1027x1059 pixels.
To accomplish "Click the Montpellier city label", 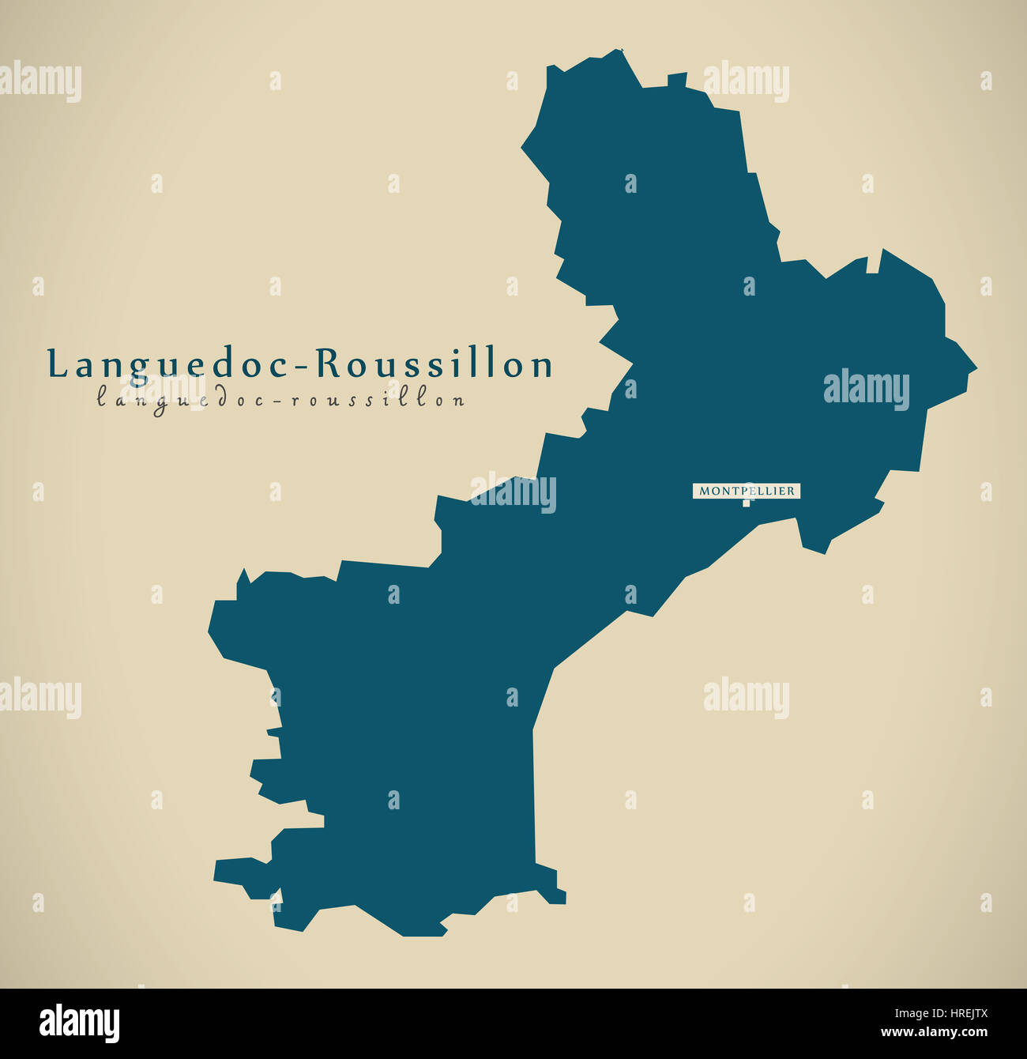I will [747, 491].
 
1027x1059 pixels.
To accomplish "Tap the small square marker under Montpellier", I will [746, 503].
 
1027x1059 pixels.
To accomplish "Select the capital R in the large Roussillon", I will [329, 364].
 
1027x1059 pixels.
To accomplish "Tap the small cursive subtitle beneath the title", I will [280, 399].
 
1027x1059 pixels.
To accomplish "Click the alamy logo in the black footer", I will [80, 1023].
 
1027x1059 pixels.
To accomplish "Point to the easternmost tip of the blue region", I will [976, 368].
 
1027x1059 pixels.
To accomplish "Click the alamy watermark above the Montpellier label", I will [866, 389].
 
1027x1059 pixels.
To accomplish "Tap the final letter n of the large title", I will [542, 366].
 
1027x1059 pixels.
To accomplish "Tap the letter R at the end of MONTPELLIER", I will [791, 491].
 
